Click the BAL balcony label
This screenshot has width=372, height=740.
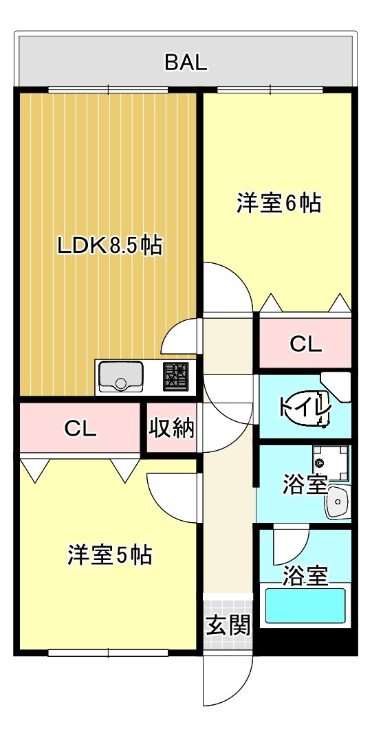[186, 63]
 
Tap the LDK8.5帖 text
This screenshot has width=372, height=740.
[109, 245]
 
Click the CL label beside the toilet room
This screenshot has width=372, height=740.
[305, 344]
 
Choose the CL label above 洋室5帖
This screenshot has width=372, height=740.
[80, 429]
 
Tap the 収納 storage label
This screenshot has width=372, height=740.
[172, 428]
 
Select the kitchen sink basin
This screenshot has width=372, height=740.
[121, 377]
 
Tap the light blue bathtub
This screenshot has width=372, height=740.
[305, 605]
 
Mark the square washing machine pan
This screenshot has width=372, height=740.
[329, 464]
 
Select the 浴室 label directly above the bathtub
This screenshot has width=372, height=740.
[305, 576]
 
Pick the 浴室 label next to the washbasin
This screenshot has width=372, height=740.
[304, 485]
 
